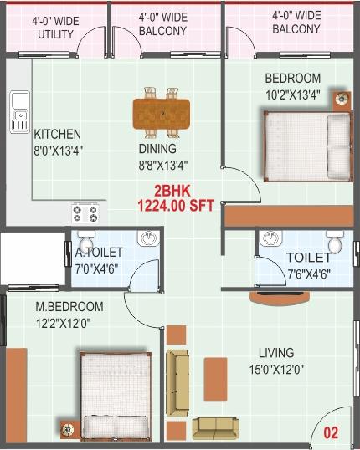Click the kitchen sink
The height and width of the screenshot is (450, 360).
point(20,112)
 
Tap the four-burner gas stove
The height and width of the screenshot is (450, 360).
point(85,214)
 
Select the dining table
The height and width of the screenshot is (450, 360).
point(162,114)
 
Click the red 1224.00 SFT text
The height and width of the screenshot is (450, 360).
point(176,206)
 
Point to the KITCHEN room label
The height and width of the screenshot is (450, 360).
point(57,135)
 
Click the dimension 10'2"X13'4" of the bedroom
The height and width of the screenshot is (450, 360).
point(293,95)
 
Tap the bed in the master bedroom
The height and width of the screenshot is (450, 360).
point(116,396)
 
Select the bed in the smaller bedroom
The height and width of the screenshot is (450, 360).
point(307,146)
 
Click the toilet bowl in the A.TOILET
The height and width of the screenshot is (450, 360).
point(86,241)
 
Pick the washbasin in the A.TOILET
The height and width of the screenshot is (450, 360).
point(148,238)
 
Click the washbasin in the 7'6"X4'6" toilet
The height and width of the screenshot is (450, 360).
point(270,237)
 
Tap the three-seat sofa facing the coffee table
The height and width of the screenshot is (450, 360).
point(177,382)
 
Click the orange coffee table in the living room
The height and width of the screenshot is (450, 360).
point(215,379)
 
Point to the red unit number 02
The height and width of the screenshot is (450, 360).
point(331,432)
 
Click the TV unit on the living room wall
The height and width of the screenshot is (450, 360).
point(280,298)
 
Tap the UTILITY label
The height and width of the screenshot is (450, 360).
point(56,34)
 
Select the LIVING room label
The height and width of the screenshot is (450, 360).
point(276,353)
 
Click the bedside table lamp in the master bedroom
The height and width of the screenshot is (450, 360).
point(68,430)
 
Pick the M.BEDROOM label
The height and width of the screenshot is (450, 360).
point(69,306)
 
